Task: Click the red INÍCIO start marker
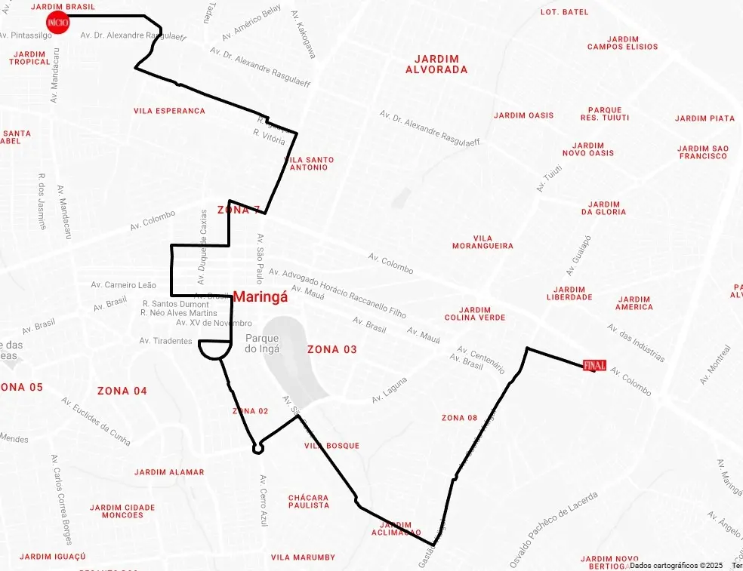coord(57,23)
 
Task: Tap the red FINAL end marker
coord(594,365)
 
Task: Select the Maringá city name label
coord(261,297)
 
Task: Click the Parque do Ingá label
coord(262,344)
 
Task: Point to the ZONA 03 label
coord(331,350)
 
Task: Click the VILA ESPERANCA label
coord(169,111)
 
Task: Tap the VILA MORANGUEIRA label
coord(482,242)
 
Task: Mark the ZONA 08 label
coord(459,418)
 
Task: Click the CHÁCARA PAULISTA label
coord(309,502)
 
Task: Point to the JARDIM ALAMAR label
coord(169,472)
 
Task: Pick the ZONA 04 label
coord(122,391)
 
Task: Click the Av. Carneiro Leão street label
coord(123,285)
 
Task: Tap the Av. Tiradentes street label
coord(165,341)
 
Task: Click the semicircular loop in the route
coord(214,349)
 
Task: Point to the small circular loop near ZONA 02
coord(258,448)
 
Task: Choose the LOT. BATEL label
coord(564,12)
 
